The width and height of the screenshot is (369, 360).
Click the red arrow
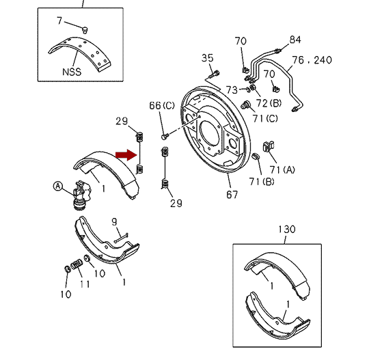click(x=126, y=155)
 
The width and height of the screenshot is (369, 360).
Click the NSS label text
click(x=72, y=72)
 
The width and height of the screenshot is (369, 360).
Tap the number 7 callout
click(x=59, y=20)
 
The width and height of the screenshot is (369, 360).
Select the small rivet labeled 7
click(x=85, y=30)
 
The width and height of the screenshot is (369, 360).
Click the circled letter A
click(x=58, y=186)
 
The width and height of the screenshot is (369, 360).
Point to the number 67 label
click(x=232, y=195)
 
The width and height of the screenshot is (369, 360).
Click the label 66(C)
click(x=162, y=106)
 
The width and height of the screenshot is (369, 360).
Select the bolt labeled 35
click(x=214, y=74)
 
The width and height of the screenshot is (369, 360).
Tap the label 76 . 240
click(x=312, y=60)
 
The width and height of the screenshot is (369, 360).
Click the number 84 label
click(x=295, y=40)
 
